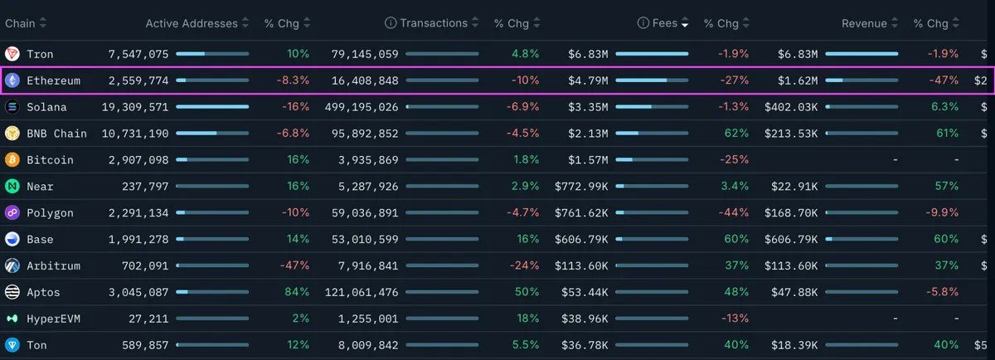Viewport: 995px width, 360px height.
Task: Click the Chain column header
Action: click(20, 23)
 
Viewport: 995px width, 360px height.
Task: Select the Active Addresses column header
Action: click(192, 23)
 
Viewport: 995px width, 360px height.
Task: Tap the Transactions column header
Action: click(434, 23)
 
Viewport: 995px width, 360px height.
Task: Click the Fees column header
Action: click(664, 23)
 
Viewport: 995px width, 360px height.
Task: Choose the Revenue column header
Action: click(864, 23)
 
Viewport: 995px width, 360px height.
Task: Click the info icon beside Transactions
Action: click(391, 23)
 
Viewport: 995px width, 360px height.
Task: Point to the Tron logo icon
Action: click(12, 54)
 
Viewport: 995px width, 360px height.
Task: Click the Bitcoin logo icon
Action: click(12, 159)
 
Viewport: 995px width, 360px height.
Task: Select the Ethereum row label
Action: click(53, 80)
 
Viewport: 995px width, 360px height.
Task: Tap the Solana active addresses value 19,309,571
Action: click(135, 107)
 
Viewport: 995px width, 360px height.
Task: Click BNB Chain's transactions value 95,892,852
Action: click(365, 134)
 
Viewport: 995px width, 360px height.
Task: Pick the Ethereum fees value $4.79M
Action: click(588, 80)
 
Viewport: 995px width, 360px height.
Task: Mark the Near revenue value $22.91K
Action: click(794, 187)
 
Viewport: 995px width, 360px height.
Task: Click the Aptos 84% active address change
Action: click(297, 292)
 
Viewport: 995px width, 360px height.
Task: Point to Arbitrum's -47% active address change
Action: click(294, 265)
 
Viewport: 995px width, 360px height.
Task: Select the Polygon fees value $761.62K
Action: click(581, 213)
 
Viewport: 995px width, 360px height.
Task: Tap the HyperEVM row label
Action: click(53, 319)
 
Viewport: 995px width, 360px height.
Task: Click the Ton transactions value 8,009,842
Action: click(368, 345)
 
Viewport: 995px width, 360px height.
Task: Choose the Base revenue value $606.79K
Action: click(791, 239)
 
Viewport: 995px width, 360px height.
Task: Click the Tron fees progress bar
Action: click(652, 54)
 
